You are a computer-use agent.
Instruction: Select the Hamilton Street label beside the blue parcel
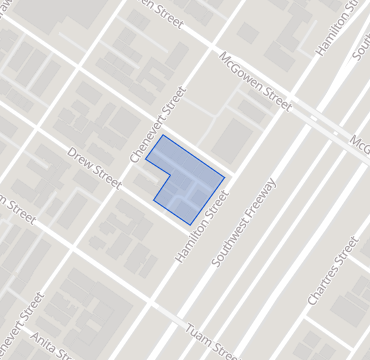(202, 228)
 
